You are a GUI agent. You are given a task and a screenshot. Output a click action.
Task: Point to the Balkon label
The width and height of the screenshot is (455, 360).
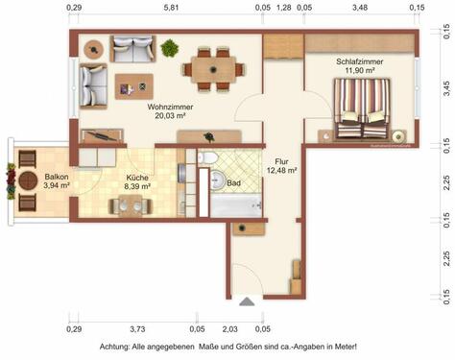(x=57, y=177)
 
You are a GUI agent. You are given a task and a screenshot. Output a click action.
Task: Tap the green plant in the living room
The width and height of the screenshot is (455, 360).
(x=170, y=46)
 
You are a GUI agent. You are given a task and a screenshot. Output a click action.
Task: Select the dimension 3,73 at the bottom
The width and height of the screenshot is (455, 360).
(x=136, y=328)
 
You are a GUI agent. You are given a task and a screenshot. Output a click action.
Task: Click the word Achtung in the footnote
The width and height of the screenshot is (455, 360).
(x=120, y=347)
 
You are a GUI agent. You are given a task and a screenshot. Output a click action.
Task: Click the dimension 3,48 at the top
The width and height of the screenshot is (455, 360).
(x=360, y=8)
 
